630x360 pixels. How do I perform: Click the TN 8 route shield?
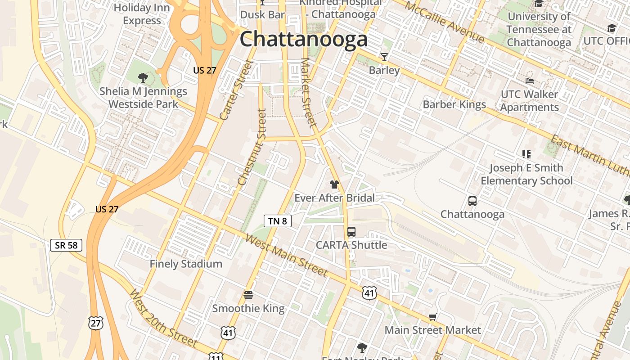point(278,221)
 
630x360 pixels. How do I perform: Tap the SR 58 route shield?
point(66,245)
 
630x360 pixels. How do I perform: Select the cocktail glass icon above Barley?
point(384,57)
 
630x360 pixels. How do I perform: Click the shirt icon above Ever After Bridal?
point(334,184)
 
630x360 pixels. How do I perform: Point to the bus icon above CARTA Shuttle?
point(351,232)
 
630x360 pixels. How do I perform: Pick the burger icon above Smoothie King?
point(248,295)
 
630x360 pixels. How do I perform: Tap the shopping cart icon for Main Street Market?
point(433,317)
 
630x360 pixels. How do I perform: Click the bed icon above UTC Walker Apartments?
point(530,81)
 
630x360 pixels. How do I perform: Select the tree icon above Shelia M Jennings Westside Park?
point(143,78)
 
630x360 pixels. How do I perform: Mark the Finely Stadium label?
point(186,264)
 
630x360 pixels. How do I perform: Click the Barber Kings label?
point(454,105)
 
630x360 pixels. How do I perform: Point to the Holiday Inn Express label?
point(142,14)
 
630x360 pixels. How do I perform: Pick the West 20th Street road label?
point(163,319)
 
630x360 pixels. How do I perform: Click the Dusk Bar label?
point(262,14)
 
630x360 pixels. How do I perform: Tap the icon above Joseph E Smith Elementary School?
point(526,154)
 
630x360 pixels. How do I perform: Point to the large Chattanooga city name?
point(304,40)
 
